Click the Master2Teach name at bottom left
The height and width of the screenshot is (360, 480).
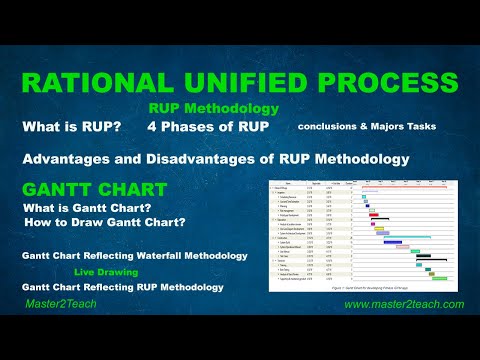click(x=60, y=304)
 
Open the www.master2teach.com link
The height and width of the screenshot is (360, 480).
click(x=403, y=304)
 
